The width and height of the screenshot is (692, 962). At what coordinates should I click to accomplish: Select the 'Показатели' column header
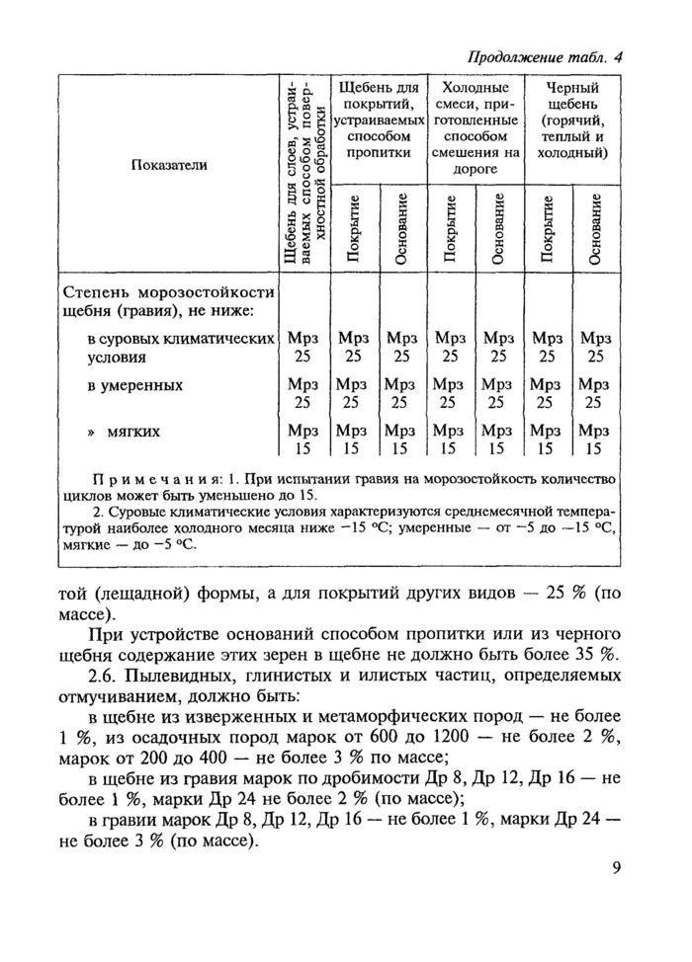(x=169, y=164)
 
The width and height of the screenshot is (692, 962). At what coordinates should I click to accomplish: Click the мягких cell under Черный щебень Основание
(x=595, y=441)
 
